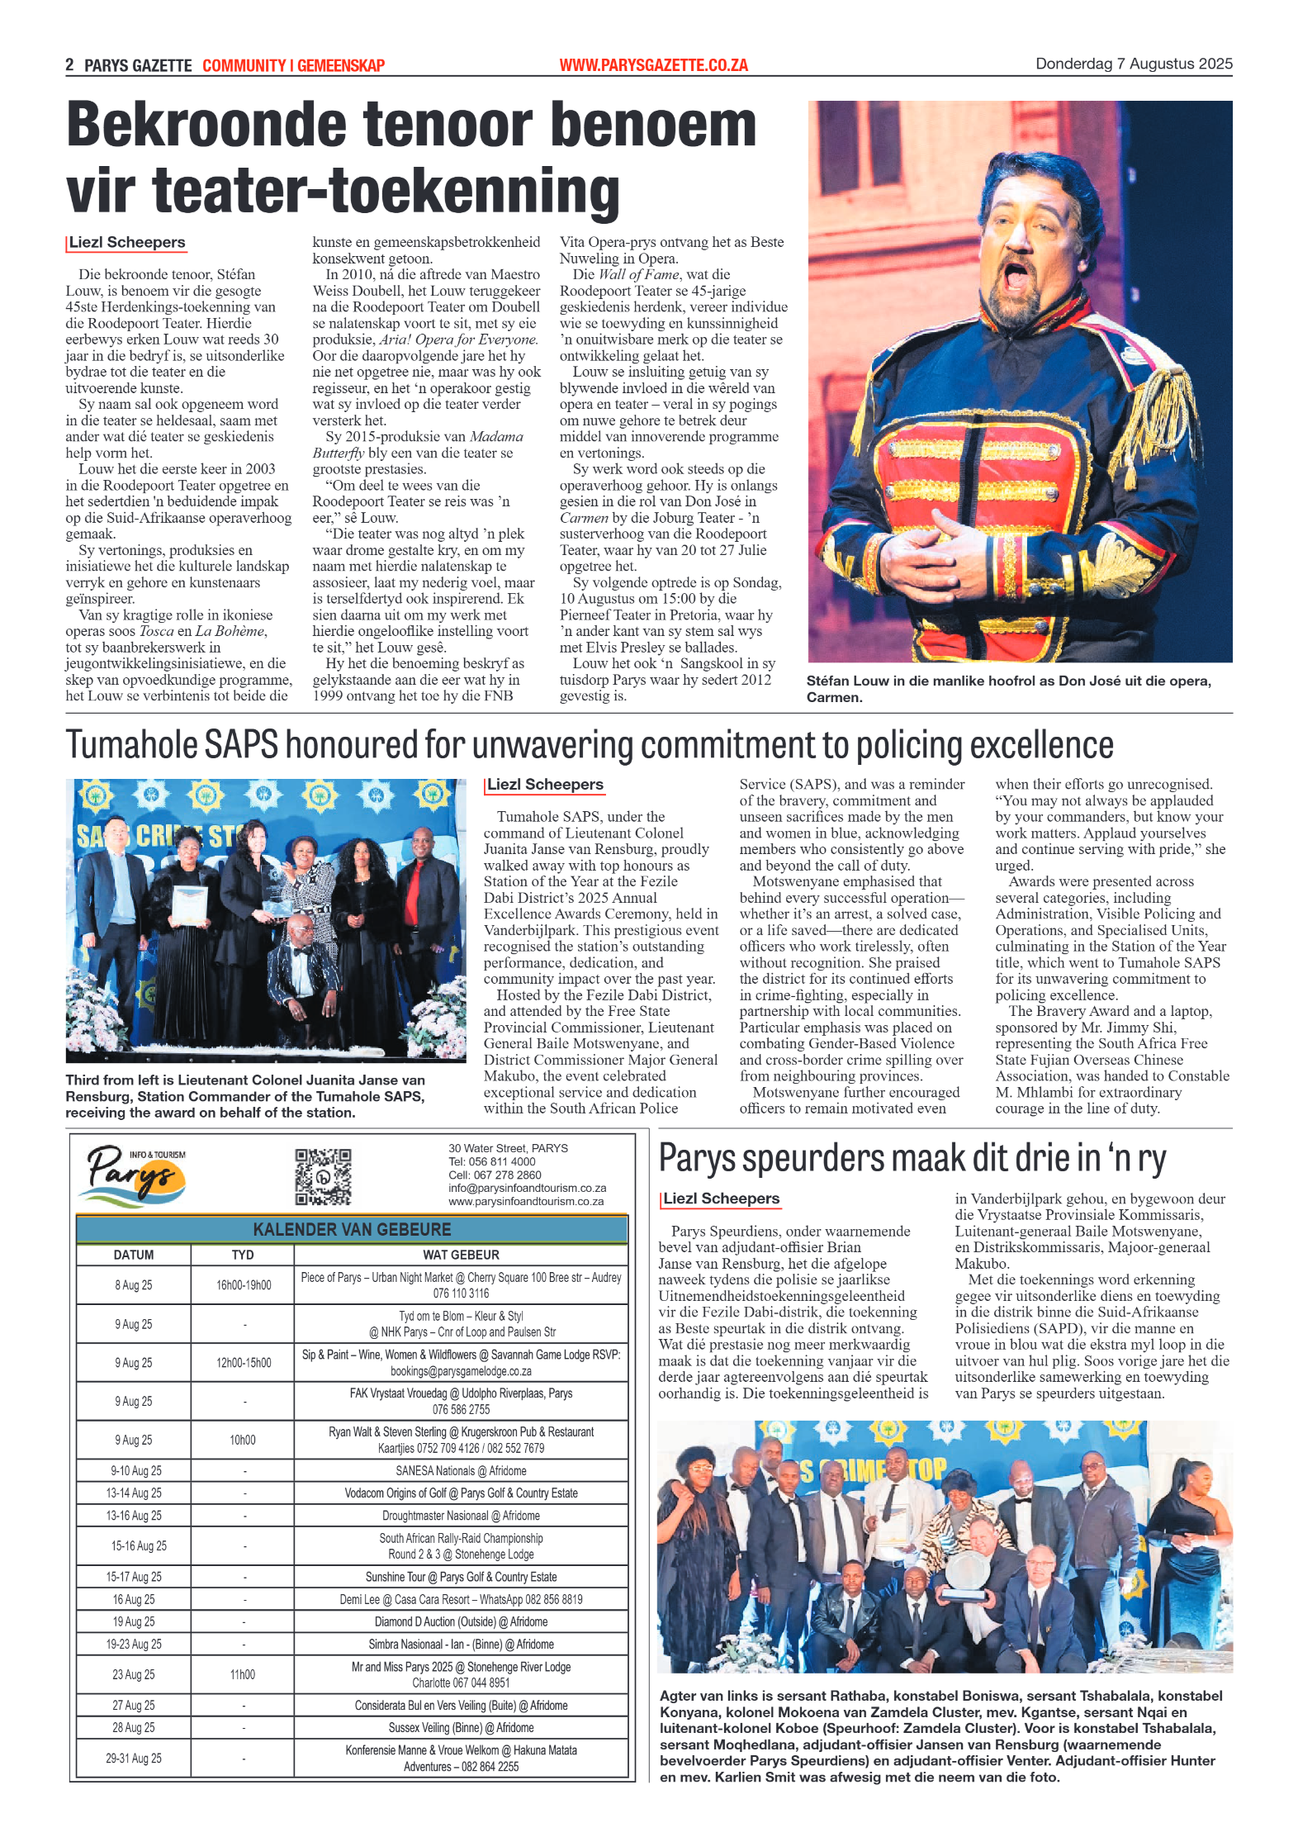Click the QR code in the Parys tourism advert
click(323, 1176)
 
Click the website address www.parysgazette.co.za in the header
click(653, 65)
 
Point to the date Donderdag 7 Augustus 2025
click(1134, 64)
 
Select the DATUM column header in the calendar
click(134, 1255)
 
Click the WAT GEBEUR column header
click(461, 1255)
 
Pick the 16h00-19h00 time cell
click(244, 1285)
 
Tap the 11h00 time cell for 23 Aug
click(243, 1674)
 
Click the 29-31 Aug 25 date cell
click(134, 1759)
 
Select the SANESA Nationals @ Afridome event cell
click(461, 1471)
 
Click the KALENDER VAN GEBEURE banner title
click(352, 1229)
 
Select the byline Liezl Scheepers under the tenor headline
click(127, 242)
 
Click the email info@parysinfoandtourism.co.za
click(527, 1188)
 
